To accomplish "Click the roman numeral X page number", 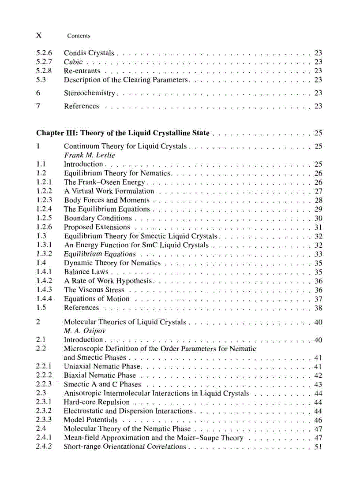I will coord(39,35).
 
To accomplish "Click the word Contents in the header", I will coord(79,36).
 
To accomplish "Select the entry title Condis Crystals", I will coord(89,53).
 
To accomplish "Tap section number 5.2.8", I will coord(44,71).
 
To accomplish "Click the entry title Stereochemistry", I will coord(90,93).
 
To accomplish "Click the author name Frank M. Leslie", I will coord(90,155).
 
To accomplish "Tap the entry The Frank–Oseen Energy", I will coord(104,182).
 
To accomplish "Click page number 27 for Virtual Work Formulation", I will coord(318,191).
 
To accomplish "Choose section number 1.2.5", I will coord(44,218).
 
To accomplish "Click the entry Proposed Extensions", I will coord(97,227).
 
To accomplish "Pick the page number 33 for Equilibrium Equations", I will coord(318,254).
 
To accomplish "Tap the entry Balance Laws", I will coord(86,272).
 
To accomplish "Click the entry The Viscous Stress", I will coord(94,290).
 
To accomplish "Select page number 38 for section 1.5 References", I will coord(318,308).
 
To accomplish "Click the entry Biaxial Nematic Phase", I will coord(100,376).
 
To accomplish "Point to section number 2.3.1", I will coord(44,402).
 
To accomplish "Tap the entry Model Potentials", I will coord(90,420).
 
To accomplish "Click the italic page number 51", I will coord(318,447).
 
